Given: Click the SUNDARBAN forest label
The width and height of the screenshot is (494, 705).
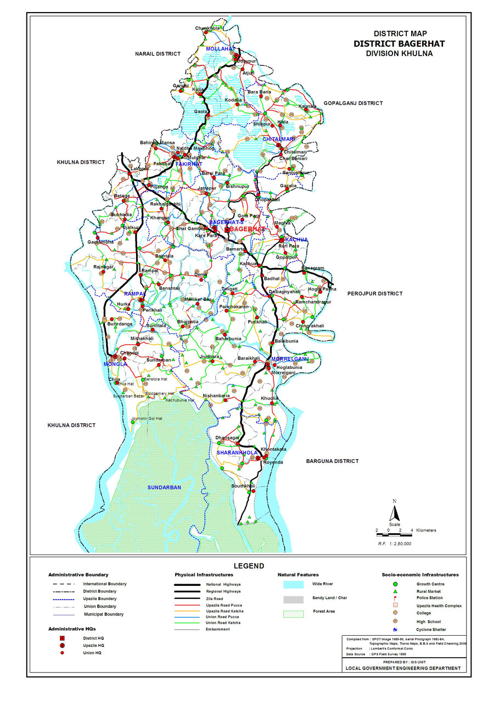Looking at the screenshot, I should (164, 488).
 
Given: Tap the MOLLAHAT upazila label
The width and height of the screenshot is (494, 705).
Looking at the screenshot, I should (221, 49).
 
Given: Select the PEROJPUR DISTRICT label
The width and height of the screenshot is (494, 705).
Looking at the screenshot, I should (375, 294).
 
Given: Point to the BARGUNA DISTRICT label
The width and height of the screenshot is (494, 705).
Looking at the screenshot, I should (332, 461).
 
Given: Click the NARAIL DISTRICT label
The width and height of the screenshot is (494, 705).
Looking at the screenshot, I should (158, 54).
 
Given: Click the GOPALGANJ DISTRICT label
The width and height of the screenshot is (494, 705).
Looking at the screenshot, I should (352, 103).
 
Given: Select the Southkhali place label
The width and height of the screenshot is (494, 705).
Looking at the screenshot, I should (243, 486).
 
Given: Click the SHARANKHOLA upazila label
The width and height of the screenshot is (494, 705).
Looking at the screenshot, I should (237, 453).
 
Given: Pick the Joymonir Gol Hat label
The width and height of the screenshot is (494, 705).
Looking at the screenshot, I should (147, 419).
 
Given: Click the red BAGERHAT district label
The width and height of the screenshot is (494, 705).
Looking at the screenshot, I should (246, 228).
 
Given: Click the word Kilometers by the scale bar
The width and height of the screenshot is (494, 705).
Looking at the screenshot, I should (426, 530).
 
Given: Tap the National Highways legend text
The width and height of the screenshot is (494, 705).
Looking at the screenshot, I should (223, 584).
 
